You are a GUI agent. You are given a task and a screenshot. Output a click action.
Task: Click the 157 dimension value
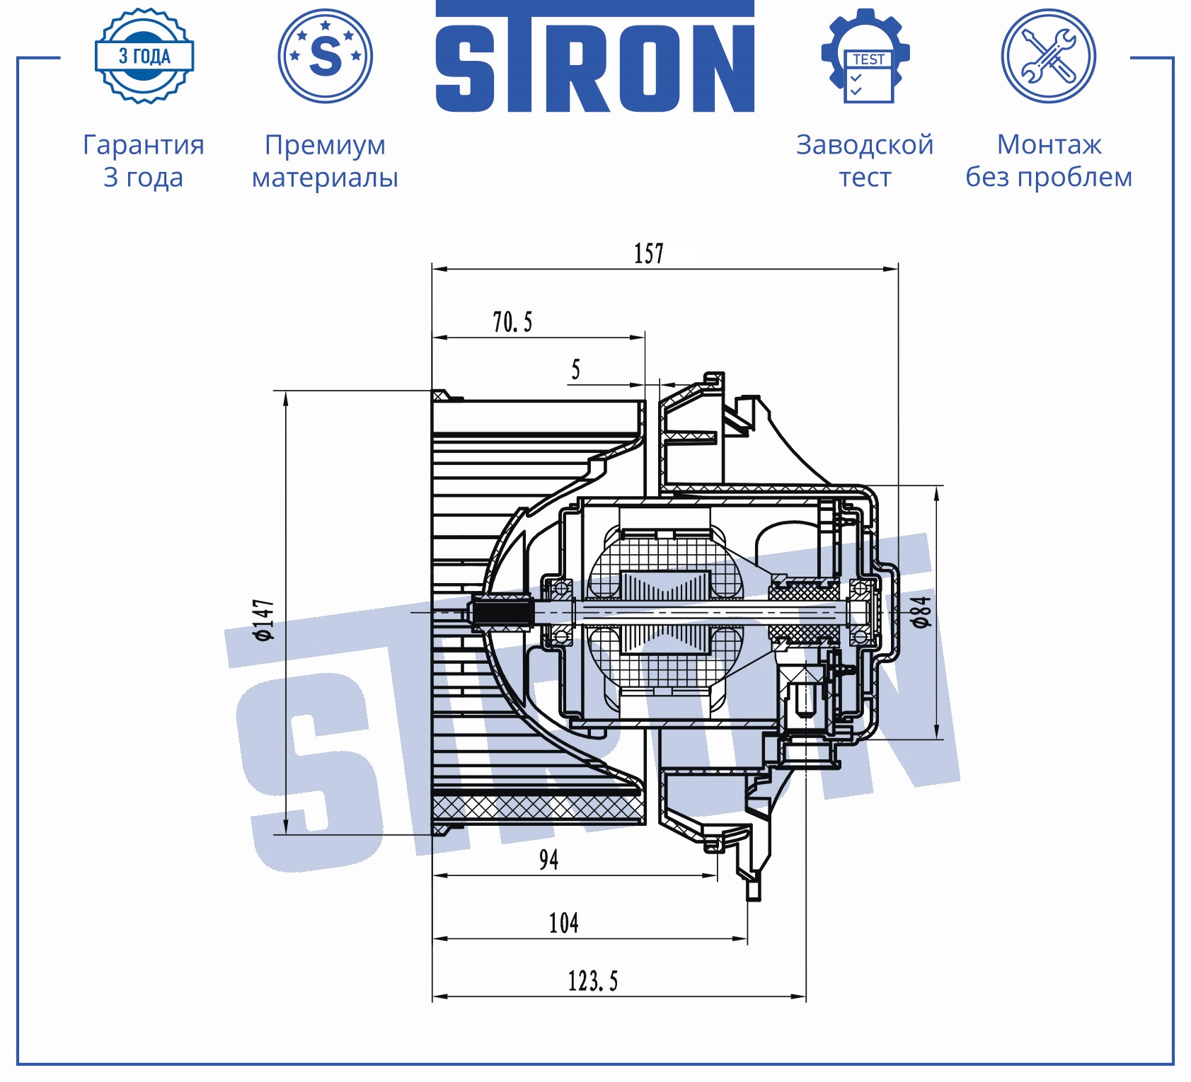648,253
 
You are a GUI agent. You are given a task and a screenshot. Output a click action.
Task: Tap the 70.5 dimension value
512,322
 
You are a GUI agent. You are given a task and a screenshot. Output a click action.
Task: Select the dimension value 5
575,369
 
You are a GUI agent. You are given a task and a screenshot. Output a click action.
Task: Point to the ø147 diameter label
264,620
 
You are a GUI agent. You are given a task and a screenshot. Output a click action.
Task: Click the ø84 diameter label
921,611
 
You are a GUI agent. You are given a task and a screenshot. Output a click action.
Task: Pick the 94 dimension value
548,859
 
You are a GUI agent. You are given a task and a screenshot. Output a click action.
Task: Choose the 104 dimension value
563,923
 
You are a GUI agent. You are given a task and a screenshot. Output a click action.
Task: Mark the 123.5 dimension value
592,981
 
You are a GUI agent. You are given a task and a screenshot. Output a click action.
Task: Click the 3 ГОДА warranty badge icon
144,57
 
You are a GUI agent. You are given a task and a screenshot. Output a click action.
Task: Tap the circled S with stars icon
326,56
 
